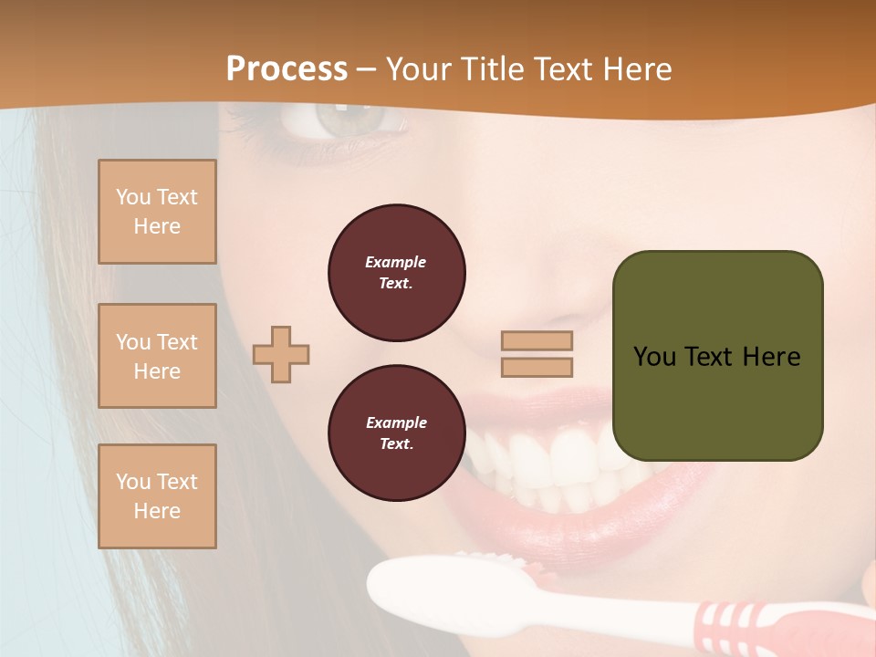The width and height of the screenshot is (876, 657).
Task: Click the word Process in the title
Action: (x=287, y=69)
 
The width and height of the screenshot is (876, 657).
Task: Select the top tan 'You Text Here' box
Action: (x=157, y=212)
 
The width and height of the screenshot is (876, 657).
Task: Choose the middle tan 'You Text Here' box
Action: (x=157, y=356)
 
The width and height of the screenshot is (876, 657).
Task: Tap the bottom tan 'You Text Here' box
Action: (x=157, y=496)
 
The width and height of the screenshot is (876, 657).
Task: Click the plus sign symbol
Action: (x=281, y=354)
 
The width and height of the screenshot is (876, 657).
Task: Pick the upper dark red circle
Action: (x=396, y=273)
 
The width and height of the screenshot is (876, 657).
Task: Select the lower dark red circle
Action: (x=396, y=433)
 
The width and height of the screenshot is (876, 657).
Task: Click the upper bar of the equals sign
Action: (x=537, y=340)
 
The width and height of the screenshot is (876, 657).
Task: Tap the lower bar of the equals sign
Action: (x=537, y=367)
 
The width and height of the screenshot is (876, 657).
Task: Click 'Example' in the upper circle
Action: (x=396, y=262)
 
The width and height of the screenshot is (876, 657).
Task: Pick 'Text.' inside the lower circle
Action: (x=396, y=444)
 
